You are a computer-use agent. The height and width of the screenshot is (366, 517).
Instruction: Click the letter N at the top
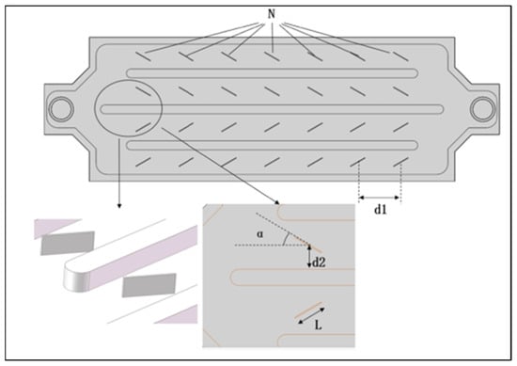271,14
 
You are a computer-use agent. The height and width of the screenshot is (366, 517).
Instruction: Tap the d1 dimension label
380,209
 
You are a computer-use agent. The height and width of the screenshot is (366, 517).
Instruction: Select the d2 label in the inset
319,263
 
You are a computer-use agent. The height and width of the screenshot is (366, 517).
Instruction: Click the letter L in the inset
318,326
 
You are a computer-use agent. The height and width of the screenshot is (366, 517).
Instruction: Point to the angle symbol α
260,234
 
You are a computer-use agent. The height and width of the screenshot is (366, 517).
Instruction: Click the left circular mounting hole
61,109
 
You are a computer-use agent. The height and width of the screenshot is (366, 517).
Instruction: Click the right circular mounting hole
483,109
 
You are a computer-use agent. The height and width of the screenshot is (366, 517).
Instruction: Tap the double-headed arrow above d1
379,198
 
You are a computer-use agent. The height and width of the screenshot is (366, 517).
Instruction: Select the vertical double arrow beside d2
309,257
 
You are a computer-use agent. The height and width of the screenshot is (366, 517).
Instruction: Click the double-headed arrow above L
311,316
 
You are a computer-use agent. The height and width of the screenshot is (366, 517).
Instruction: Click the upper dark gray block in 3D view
68,244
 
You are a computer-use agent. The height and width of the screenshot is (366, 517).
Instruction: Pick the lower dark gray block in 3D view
149,285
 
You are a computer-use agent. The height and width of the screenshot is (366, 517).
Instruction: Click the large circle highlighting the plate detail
95,108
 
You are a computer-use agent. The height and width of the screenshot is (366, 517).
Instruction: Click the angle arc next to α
288,239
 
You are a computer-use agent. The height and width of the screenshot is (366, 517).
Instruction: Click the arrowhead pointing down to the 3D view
119,206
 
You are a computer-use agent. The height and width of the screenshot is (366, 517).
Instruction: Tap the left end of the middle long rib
102,109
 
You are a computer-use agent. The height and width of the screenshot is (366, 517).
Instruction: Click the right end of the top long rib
416,73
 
